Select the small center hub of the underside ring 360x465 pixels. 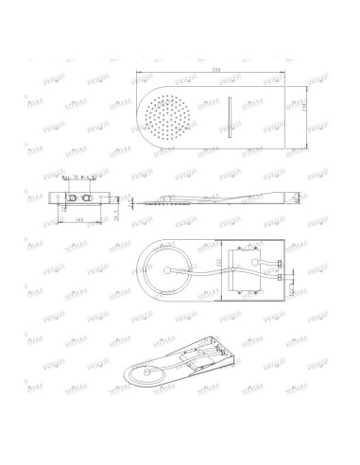click(x=166, y=271)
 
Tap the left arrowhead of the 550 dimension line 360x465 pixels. click(x=140, y=76)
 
